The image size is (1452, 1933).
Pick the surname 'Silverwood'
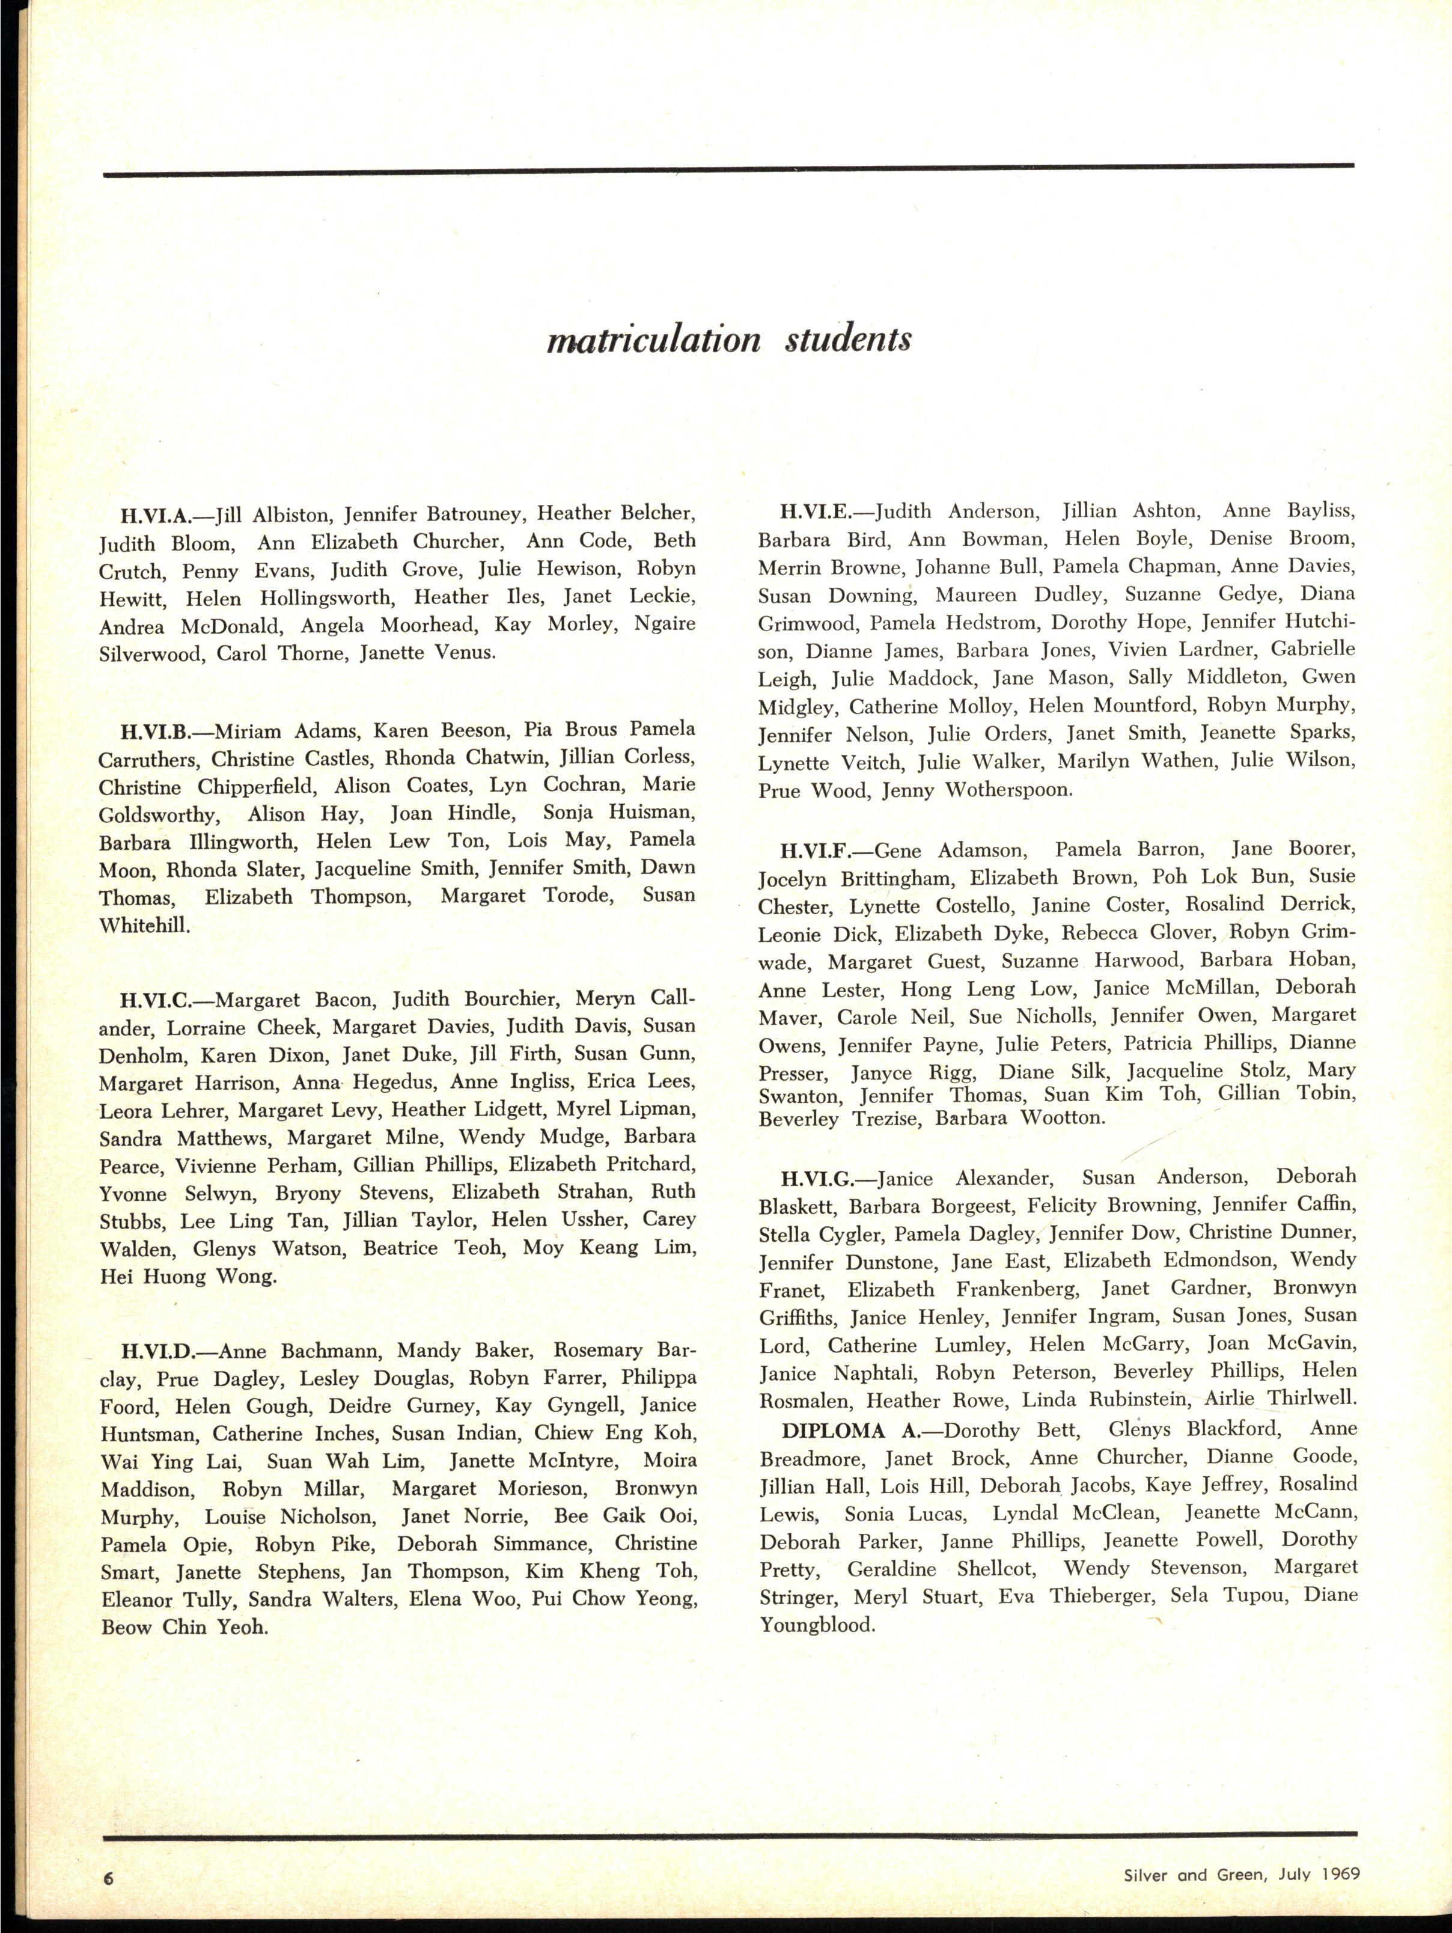(x=150, y=655)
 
